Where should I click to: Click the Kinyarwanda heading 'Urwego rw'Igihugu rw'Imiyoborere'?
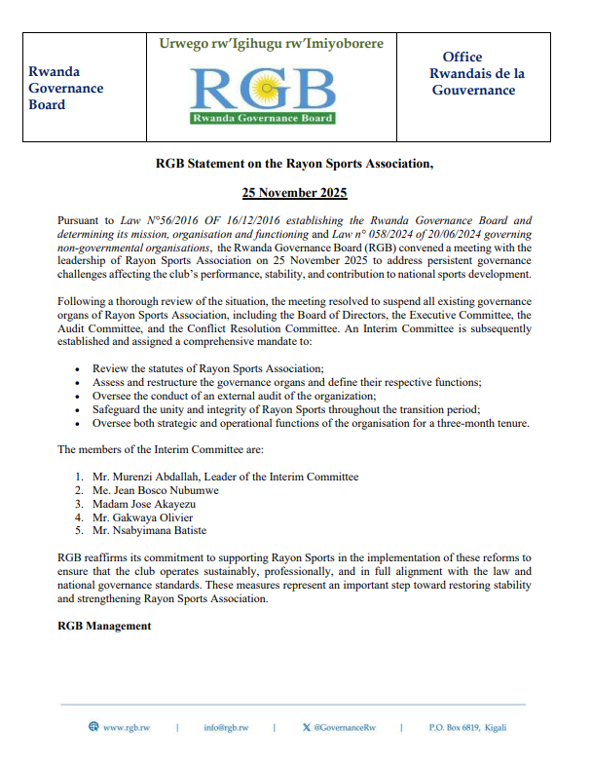click(271, 44)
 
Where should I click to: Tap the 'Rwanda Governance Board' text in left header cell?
click(66, 88)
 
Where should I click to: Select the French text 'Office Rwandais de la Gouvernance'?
click(478, 74)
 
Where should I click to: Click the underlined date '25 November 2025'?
click(294, 193)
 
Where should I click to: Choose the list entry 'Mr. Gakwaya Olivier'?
click(142, 517)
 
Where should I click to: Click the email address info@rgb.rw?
click(226, 727)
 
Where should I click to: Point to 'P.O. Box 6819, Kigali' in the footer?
click(467, 727)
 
